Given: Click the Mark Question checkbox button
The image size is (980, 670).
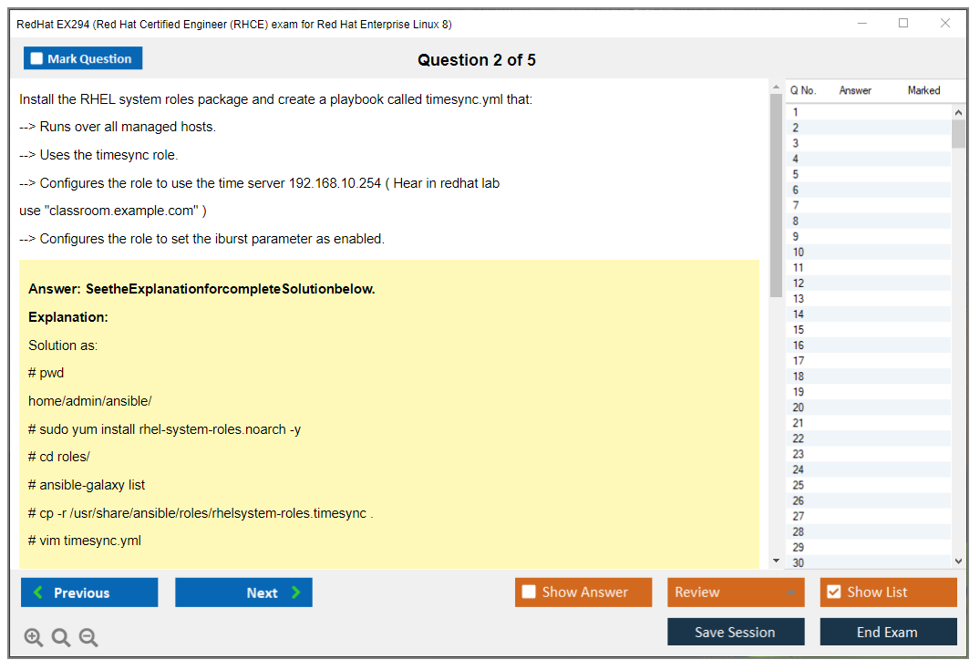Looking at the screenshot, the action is tap(82, 58).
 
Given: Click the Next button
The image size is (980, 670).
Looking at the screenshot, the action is tap(243, 593).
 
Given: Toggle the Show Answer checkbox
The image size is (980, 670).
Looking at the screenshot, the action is tap(529, 592).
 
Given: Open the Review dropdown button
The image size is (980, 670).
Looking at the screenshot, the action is tap(736, 593).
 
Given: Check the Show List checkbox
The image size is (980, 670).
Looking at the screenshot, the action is tap(834, 592).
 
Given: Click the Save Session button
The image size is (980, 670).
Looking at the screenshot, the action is tap(736, 632).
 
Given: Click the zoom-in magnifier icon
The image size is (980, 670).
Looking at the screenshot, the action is tap(33, 637).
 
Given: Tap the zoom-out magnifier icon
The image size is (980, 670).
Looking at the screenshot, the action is tap(88, 637).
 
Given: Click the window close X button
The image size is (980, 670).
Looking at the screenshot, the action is tap(945, 23).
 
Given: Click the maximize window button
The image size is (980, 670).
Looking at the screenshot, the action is tap(903, 23).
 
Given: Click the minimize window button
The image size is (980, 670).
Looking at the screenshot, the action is tap(861, 23).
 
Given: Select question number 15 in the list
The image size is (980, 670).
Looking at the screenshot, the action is tap(798, 330).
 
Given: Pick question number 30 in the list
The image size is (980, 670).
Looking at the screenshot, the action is tap(798, 562).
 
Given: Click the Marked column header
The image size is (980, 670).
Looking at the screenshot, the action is tap(923, 90).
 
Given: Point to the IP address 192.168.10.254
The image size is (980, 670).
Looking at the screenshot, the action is tap(335, 183).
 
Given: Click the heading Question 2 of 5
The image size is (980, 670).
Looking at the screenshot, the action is tap(476, 60).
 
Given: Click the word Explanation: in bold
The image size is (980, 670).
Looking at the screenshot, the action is tap(68, 317).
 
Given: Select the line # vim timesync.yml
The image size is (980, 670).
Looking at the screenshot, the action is tap(85, 541).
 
